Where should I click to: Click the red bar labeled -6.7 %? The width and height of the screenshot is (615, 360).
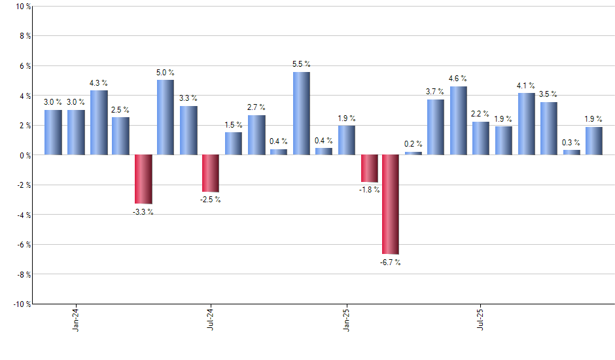(391, 204)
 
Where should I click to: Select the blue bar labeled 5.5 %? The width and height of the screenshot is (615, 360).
(301, 113)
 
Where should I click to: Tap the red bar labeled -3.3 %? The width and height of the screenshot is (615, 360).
(143, 179)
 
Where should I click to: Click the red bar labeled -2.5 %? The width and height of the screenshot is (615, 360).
(211, 173)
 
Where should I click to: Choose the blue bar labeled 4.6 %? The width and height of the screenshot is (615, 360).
(458, 120)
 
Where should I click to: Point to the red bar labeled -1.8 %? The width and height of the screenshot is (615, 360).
(369, 168)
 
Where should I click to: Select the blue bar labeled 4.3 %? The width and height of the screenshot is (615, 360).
(99, 122)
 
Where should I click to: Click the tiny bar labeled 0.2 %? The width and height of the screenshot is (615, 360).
(413, 153)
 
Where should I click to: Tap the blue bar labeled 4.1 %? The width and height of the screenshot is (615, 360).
(526, 124)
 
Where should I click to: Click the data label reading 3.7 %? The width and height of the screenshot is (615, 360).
(435, 92)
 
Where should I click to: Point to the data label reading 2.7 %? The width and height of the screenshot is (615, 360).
(256, 107)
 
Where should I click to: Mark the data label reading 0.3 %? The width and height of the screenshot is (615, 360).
(571, 142)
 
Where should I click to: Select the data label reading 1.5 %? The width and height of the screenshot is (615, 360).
(234, 124)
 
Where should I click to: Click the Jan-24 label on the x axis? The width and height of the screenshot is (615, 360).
(77, 318)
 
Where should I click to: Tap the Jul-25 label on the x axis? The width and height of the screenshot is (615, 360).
(481, 318)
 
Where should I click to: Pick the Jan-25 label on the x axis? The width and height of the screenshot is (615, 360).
(346, 318)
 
